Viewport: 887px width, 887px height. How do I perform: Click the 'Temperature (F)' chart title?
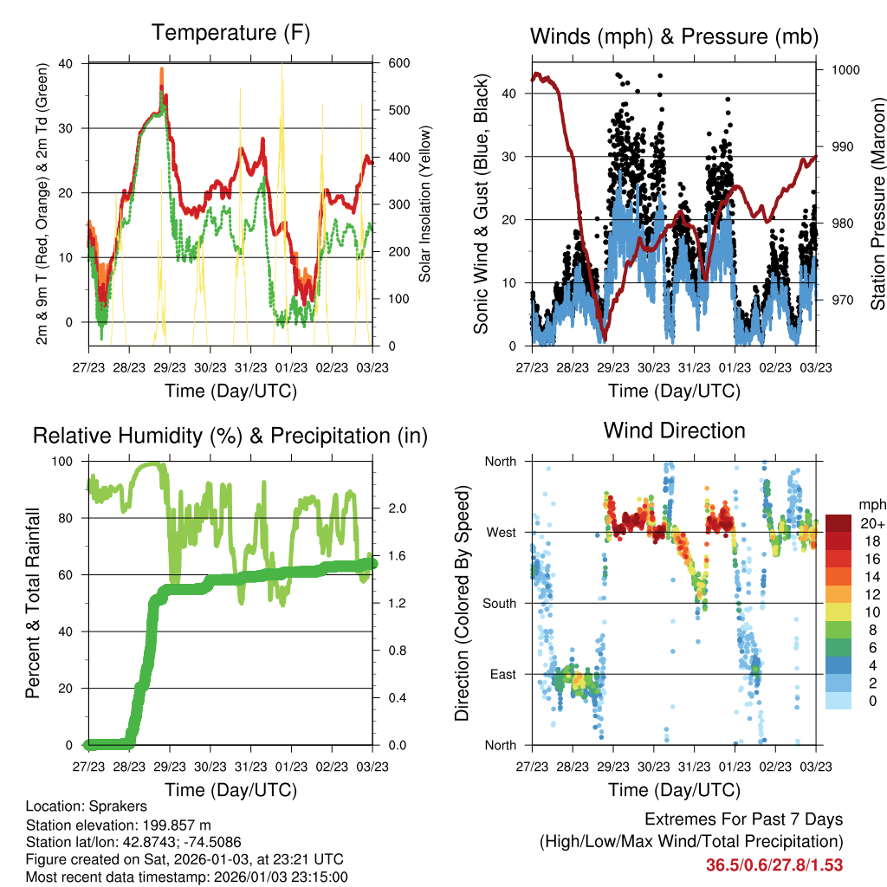[x=230, y=33]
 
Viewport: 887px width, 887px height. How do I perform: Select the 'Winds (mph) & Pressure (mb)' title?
[x=674, y=36]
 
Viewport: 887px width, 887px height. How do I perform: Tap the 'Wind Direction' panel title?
[x=674, y=431]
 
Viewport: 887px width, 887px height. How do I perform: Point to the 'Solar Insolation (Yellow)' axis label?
[x=424, y=204]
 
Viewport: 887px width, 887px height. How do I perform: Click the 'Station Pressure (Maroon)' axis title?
[x=877, y=204]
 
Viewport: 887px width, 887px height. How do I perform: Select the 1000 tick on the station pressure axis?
[x=844, y=70]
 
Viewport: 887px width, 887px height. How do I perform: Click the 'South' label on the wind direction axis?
[x=500, y=603]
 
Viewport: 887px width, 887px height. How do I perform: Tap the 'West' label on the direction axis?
[x=502, y=532]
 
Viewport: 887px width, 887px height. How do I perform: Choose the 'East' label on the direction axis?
[x=503, y=674]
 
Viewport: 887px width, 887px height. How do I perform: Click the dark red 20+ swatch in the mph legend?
[x=838, y=523]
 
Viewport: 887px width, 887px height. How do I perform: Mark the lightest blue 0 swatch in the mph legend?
[x=838, y=702]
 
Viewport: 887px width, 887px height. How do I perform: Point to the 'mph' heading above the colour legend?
[x=871, y=504]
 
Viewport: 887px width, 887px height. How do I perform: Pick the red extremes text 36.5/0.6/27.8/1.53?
[x=774, y=864]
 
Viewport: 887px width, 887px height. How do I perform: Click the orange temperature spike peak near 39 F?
[x=161, y=69]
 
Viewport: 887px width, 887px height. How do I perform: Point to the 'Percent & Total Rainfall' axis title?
[x=32, y=603]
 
